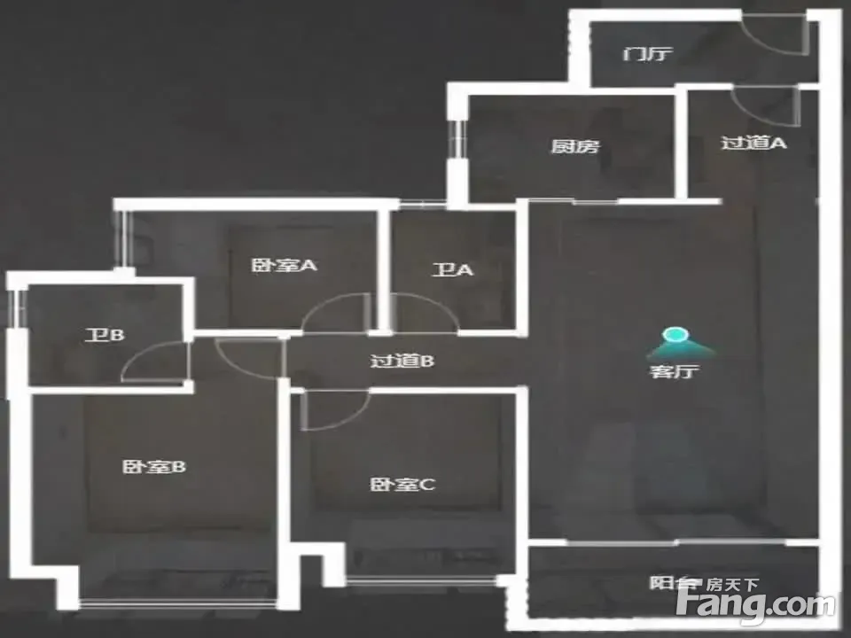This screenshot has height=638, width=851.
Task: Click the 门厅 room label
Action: [x=647, y=54]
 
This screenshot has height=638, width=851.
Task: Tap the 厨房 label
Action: [x=574, y=146]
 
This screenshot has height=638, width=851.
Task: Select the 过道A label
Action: [x=753, y=142]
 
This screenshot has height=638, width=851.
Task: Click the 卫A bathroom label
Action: [x=452, y=270]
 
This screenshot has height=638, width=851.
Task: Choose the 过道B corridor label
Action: [x=401, y=361]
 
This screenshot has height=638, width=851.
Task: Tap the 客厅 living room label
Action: [x=675, y=371]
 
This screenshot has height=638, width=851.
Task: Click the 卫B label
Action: [x=105, y=335]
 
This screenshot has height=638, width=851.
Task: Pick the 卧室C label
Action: [x=402, y=485]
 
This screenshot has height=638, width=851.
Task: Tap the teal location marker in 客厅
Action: [x=675, y=337]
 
